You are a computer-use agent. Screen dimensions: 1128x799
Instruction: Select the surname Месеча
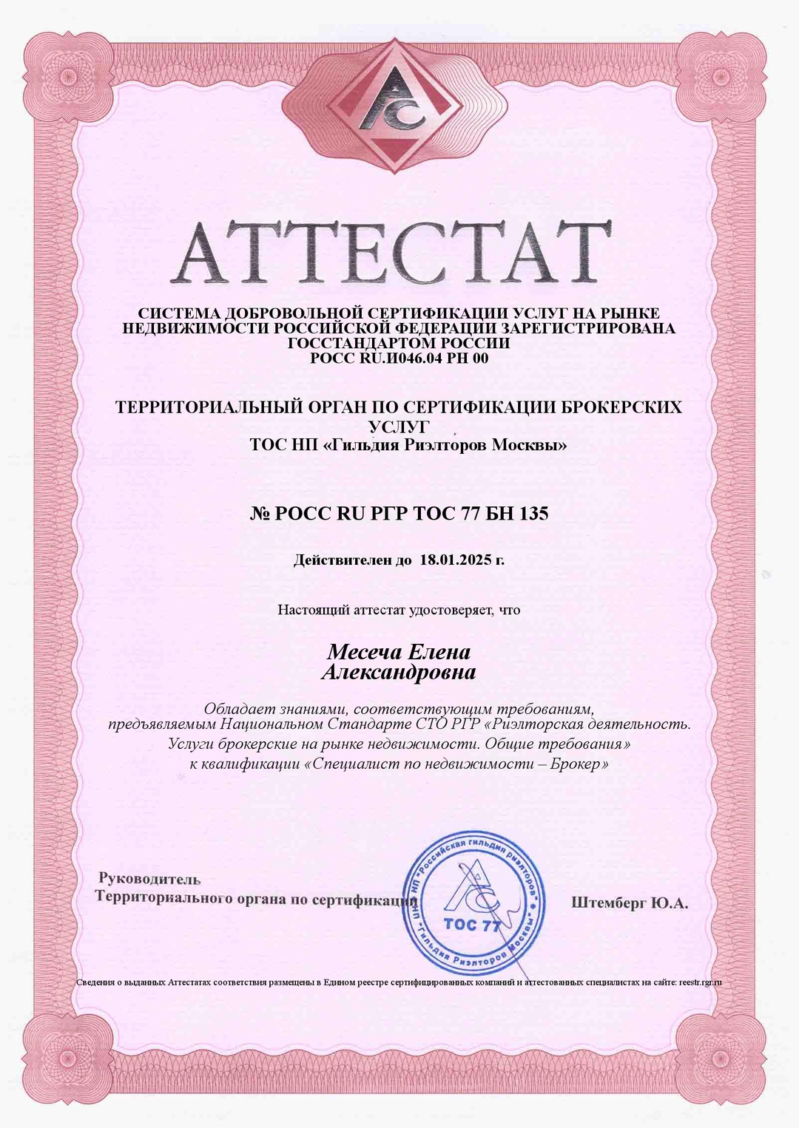tap(364, 653)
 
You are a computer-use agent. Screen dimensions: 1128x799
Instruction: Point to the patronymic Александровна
tap(399, 673)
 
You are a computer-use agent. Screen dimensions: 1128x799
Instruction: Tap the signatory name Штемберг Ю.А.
tap(629, 903)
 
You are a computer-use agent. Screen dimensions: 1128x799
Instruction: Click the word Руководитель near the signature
tap(149, 879)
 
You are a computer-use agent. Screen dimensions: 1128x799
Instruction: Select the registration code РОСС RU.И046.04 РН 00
tap(399, 359)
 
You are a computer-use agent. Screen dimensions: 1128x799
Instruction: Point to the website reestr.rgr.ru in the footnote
tap(699, 982)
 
